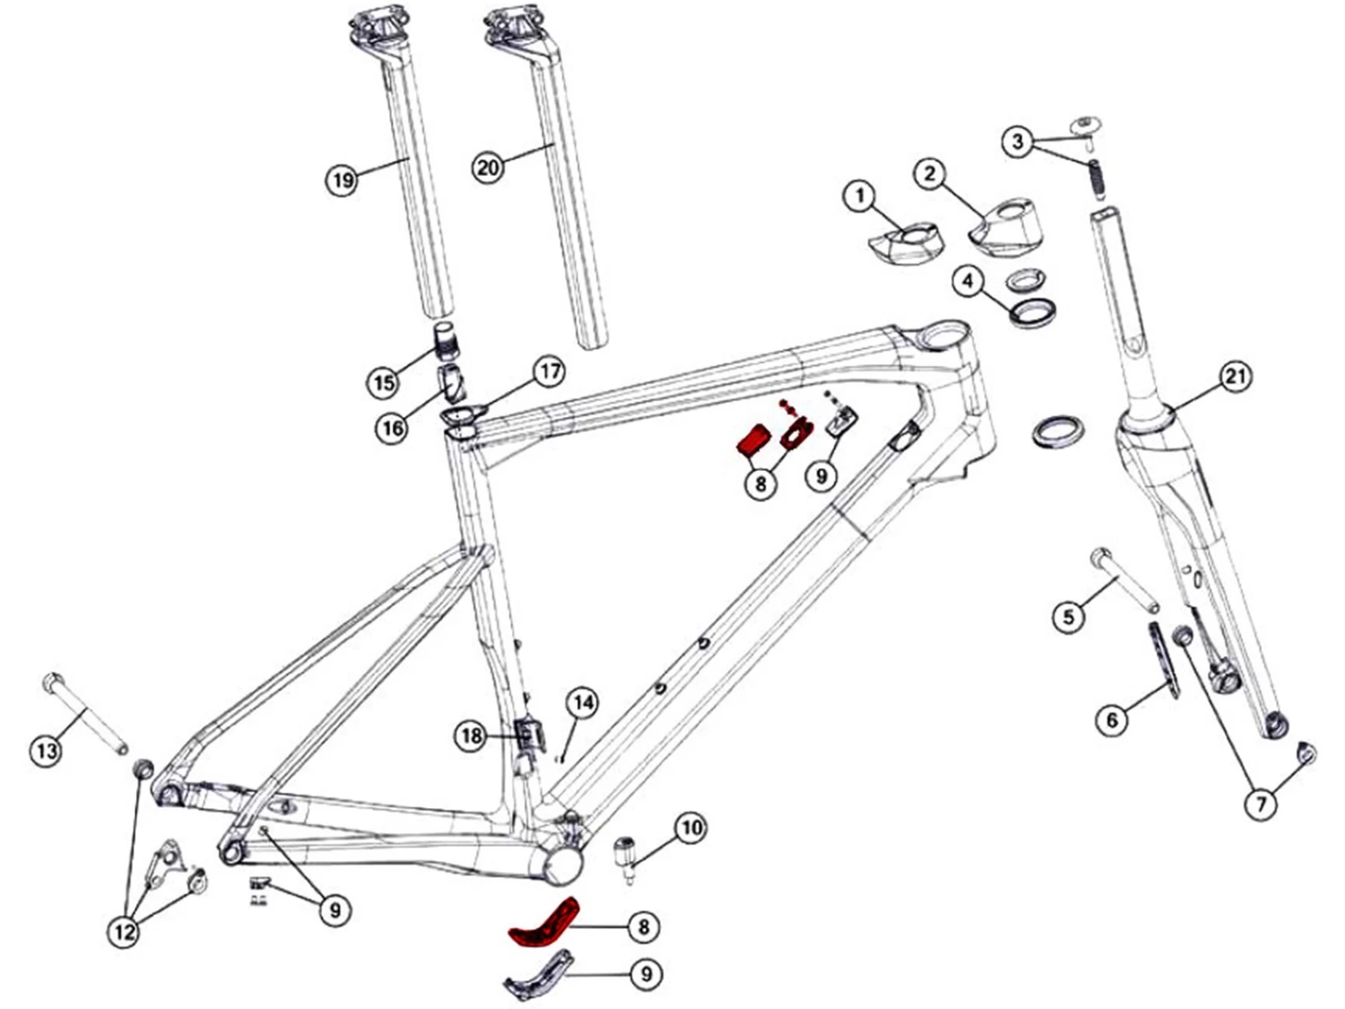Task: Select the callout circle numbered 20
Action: tap(488, 168)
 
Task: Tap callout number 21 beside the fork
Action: tap(1236, 377)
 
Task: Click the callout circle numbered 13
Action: tap(47, 750)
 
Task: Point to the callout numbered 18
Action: tap(472, 736)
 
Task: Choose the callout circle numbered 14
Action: tap(583, 702)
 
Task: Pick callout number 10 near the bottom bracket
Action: tap(690, 827)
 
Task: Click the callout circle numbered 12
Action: tap(124, 931)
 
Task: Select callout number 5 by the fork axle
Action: tap(1069, 616)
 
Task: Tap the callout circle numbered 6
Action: tap(1113, 719)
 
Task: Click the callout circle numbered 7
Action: tap(1261, 805)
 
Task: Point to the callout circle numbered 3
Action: tap(1017, 141)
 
